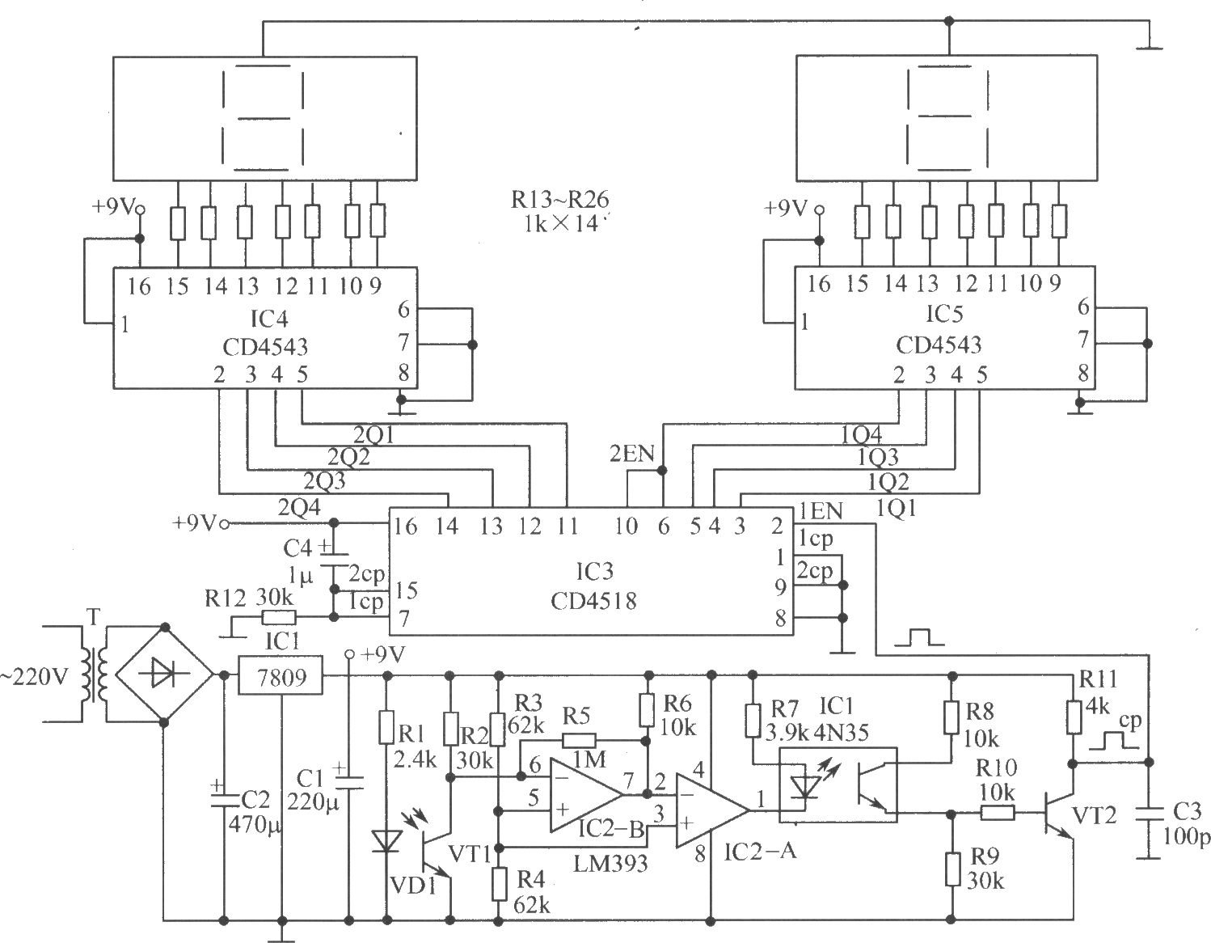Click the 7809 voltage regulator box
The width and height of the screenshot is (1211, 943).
click(x=281, y=676)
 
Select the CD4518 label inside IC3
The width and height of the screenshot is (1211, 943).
click(x=593, y=602)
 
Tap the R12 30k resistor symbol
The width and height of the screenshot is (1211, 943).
click(x=279, y=618)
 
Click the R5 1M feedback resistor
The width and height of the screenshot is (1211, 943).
click(x=579, y=741)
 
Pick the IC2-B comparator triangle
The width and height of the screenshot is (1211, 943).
click(x=586, y=795)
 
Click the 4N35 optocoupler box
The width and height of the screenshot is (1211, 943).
click(x=838, y=784)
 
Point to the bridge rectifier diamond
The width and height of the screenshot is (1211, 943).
click(x=164, y=675)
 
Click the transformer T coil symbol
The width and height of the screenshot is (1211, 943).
click(x=94, y=675)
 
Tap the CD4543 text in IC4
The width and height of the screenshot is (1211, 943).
click(x=265, y=347)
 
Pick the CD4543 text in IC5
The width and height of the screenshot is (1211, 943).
click(x=939, y=345)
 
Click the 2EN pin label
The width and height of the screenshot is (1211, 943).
click(x=632, y=455)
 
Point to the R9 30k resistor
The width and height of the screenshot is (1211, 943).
click(x=952, y=869)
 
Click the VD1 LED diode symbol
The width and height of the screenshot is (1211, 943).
click(x=386, y=842)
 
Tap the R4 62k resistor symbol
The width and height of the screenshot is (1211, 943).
click(x=499, y=884)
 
